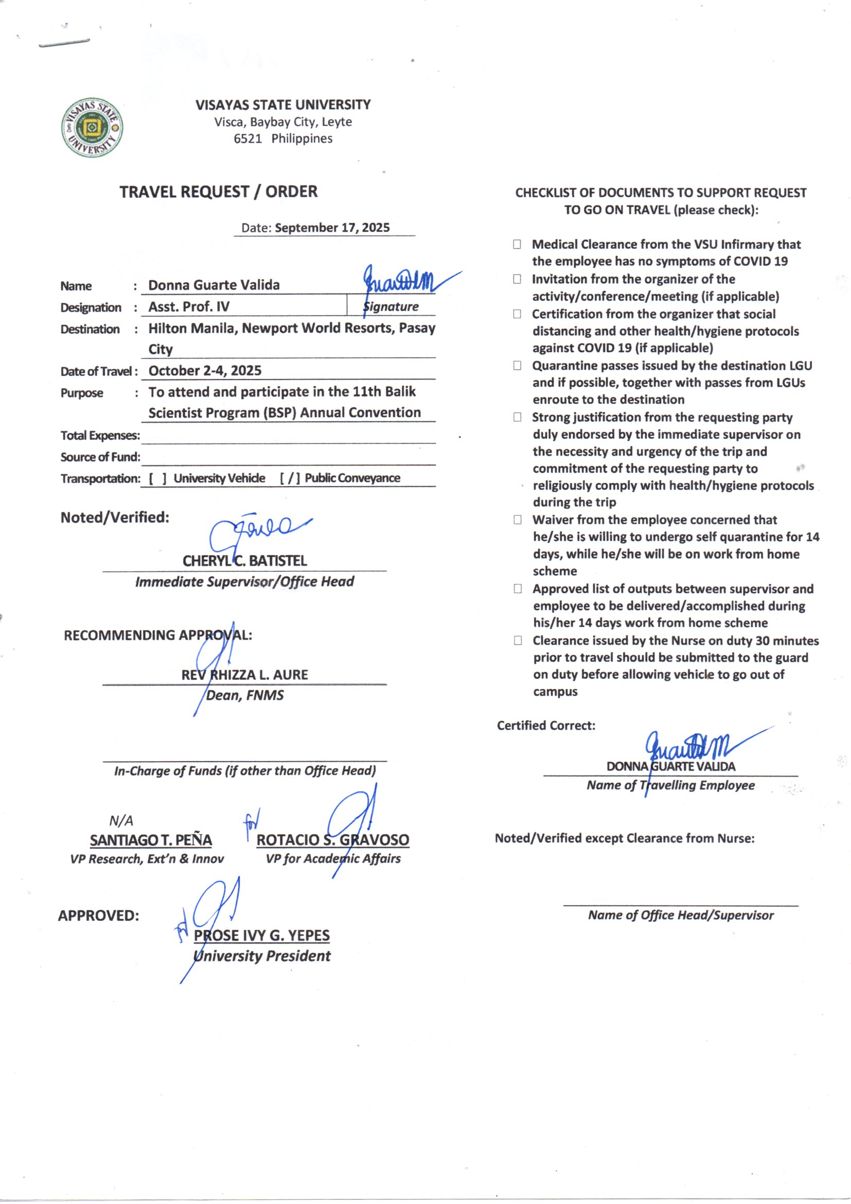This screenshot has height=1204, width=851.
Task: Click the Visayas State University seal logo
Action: [x=93, y=127]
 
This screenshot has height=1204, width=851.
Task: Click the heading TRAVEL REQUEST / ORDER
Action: [x=218, y=192]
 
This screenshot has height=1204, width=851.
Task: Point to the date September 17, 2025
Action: [x=332, y=228]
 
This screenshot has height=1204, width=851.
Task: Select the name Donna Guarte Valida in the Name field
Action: [x=214, y=285]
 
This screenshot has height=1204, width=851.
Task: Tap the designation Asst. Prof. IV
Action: [x=189, y=307]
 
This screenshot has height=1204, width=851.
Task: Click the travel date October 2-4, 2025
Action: [x=205, y=371]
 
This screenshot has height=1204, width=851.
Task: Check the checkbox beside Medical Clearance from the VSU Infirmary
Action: [x=517, y=245]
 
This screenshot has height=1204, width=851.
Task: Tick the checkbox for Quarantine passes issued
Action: [x=517, y=366]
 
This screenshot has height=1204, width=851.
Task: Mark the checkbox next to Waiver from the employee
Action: [x=518, y=520]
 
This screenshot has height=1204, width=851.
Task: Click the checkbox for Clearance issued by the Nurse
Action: [x=518, y=640]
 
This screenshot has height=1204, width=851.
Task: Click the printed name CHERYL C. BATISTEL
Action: [x=245, y=561]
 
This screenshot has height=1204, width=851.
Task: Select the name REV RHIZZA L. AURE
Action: [x=245, y=675]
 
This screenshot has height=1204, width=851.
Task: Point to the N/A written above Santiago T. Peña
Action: [x=121, y=821]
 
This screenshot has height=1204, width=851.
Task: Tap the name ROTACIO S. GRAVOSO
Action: [x=333, y=840]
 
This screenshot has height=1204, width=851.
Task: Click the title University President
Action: [x=262, y=956]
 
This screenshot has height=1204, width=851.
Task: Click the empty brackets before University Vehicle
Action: [x=158, y=478]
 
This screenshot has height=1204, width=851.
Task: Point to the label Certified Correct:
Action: [x=546, y=726]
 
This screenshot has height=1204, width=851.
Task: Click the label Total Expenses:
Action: [x=100, y=436]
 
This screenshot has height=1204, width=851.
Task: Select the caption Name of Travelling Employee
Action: [x=670, y=785]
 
